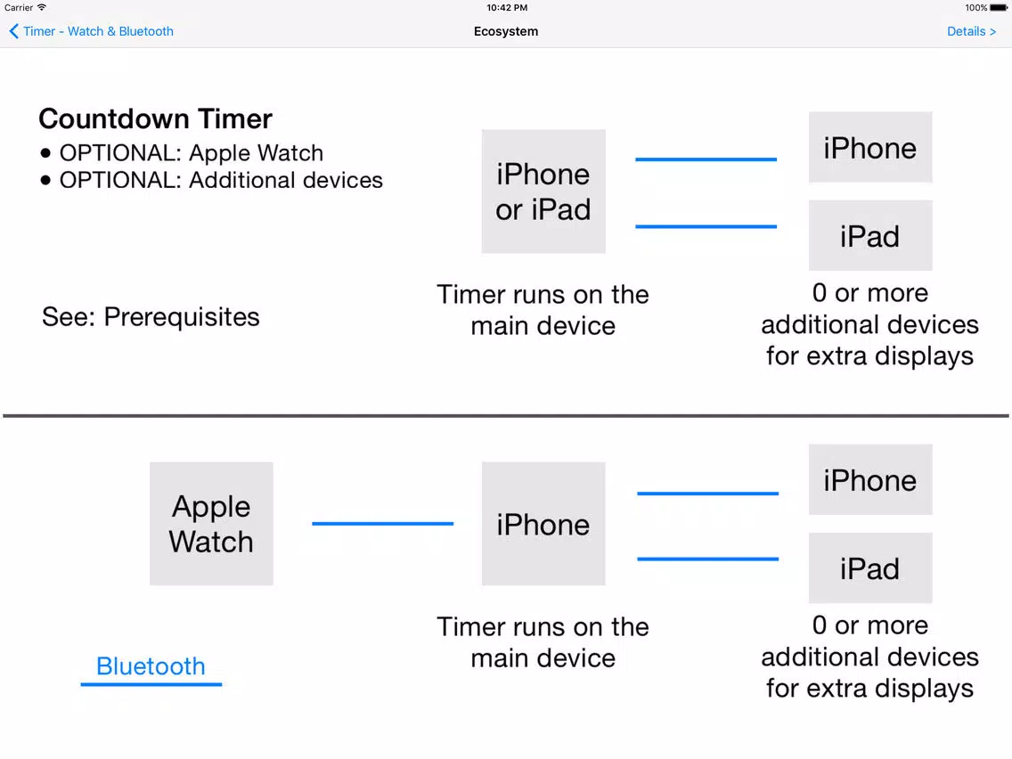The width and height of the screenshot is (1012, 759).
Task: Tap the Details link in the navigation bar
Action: (971, 31)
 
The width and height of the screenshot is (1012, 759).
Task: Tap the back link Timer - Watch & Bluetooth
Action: (92, 31)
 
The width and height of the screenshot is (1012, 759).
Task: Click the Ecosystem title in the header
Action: (505, 31)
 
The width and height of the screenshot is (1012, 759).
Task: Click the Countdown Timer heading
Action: (156, 118)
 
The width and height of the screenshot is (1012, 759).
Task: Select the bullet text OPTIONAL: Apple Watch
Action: (191, 153)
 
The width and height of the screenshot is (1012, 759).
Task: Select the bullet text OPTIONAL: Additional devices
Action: (221, 180)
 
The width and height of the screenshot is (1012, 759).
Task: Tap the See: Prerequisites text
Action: (151, 317)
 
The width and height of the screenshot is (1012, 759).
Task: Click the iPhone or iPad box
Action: (543, 191)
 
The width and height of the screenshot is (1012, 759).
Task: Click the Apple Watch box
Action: (211, 524)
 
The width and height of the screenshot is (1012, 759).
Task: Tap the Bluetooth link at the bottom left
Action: (151, 666)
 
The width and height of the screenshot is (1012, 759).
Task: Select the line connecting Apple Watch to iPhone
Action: (383, 524)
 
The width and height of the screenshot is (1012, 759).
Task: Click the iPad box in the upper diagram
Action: (870, 235)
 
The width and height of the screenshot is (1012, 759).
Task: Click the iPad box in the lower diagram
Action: (870, 568)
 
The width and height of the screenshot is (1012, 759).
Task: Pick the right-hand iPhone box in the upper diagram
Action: (870, 147)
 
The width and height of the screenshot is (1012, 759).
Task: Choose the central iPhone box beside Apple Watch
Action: (543, 524)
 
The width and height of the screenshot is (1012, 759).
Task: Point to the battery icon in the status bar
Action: (999, 8)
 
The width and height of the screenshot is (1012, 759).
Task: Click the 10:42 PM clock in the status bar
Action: (507, 8)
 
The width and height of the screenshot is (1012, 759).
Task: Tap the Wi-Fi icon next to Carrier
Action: (42, 8)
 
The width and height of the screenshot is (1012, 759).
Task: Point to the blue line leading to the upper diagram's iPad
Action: (706, 226)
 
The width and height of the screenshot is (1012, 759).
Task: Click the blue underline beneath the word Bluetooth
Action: (151, 684)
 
